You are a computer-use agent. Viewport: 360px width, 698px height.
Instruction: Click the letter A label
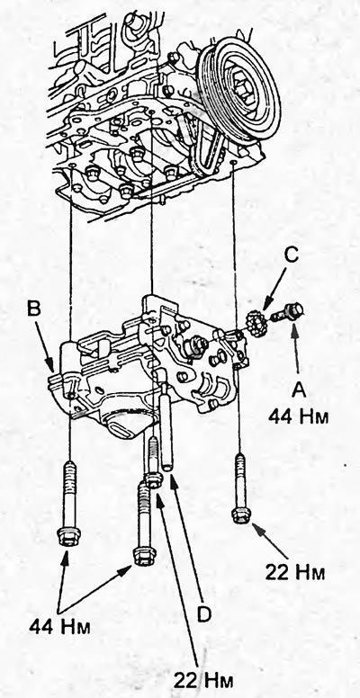pyautogui.click(x=298, y=390)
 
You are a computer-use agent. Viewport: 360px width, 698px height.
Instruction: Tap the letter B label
pyautogui.click(x=34, y=309)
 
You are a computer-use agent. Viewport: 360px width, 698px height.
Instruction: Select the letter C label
pyautogui.click(x=291, y=255)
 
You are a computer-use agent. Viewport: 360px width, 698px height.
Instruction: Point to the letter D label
pyautogui.click(x=203, y=614)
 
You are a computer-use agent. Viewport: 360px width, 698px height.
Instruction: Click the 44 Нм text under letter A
pyautogui.click(x=298, y=416)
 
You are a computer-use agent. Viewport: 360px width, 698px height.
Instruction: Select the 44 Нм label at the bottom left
pyautogui.click(x=59, y=626)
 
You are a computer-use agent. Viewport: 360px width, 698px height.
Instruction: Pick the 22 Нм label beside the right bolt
pyautogui.click(x=295, y=572)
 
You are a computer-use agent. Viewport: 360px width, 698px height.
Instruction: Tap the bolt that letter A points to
pyautogui.click(x=284, y=313)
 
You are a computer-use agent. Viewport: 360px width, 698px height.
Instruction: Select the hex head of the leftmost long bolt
pyautogui.click(x=68, y=537)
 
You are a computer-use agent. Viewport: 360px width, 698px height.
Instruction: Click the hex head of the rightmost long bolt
pyautogui.click(x=241, y=514)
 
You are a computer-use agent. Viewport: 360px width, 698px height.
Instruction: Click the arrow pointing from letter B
pyautogui.click(x=46, y=345)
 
